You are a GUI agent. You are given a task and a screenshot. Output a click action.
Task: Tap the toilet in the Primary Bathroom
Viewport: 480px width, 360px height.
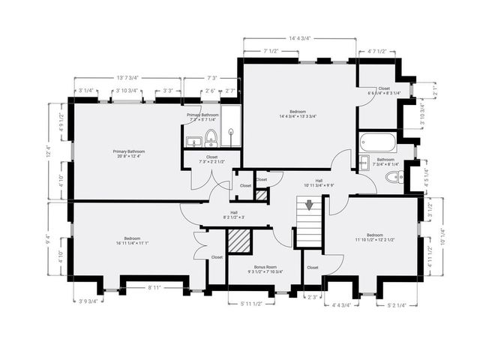click(211, 137)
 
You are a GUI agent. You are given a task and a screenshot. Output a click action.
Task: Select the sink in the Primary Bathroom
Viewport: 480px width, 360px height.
click(192, 139)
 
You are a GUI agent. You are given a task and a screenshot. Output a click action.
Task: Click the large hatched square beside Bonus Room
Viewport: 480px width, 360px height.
click(238, 242)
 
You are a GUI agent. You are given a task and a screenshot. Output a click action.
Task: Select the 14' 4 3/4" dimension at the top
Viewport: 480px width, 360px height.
click(299, 37)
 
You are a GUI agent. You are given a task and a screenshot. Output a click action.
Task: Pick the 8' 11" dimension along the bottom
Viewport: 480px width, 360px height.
click(155, 286)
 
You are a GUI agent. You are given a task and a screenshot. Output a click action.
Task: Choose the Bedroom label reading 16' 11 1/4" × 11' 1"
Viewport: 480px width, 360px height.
click(132, 241)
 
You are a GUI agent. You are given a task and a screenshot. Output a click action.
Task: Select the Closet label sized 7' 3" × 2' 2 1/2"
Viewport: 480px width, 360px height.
click(211, 160)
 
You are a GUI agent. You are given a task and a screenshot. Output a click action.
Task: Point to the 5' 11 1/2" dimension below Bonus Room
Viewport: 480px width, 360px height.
click(251, 303)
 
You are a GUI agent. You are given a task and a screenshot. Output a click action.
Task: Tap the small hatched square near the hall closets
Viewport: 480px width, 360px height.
click(260, 195)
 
